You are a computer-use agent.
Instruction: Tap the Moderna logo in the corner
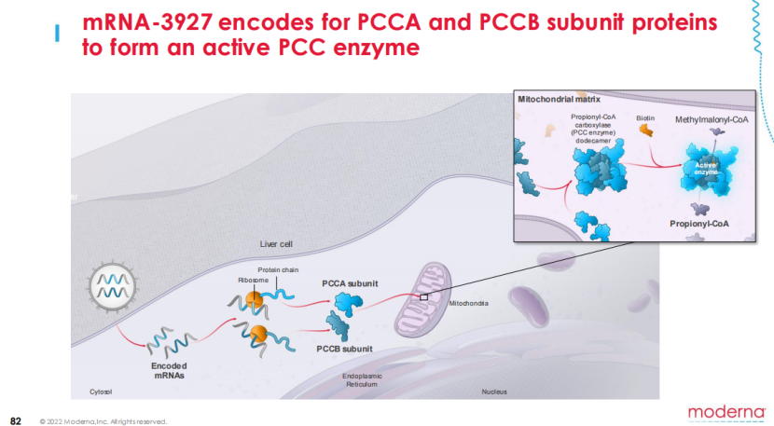(x=725, y=411)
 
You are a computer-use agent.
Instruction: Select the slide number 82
(x=15, y=419)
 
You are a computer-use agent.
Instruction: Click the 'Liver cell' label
(x=277, y=244)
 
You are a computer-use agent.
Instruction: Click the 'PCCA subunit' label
(x=347, y=282)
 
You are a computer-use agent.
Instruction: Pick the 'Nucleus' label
(x=494, y=392)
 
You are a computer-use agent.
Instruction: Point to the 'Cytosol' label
(x=101, y=392)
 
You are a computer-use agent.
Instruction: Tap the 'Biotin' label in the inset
(x=645, y=119)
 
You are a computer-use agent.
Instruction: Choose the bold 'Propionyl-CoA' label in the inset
(x=699, y=224)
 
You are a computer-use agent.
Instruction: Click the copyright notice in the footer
(x=103, y=421)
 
